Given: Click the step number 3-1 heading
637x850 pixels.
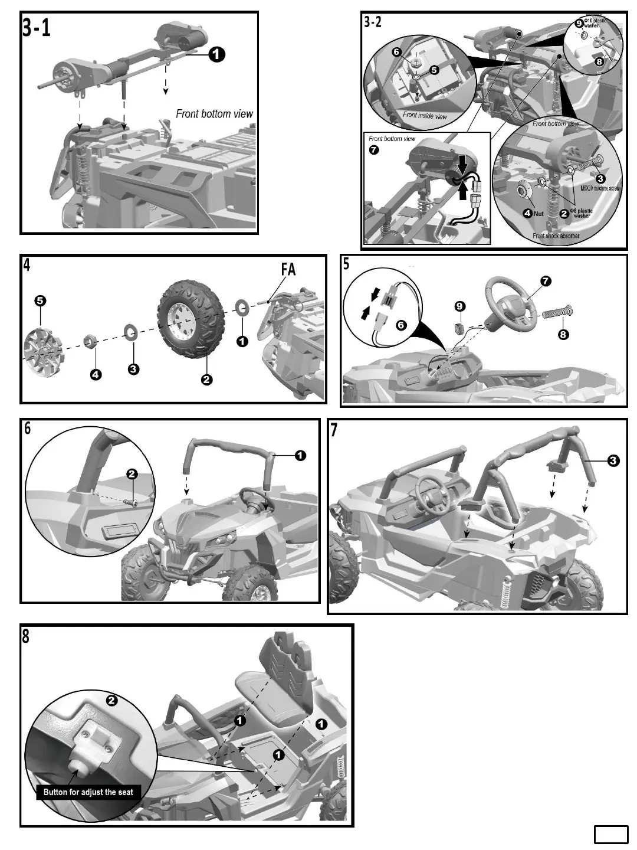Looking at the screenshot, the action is pos(37,28).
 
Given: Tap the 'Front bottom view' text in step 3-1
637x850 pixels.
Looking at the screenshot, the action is pos(214,114).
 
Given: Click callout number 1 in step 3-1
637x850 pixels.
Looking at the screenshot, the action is pos(216,55).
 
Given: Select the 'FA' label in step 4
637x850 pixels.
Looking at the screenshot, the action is pos(288,270).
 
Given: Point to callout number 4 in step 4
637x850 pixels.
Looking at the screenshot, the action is pos(96,373).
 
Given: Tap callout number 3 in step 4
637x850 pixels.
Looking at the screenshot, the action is pos(134,369).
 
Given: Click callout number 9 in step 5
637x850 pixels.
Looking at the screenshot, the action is pos(460,306).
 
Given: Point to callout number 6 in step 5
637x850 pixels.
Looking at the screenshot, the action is pos(401,324).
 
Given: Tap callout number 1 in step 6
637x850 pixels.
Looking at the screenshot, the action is pos(300,455).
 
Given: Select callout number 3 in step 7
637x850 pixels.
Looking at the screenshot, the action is pos(613,460).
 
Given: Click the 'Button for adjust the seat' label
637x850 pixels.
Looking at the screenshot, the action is pos(88,792).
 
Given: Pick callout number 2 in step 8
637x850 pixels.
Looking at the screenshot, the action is pos(111,701).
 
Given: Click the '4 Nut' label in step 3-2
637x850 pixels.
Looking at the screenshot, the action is pos(534,214).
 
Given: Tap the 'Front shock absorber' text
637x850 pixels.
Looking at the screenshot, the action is pos(556,236).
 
